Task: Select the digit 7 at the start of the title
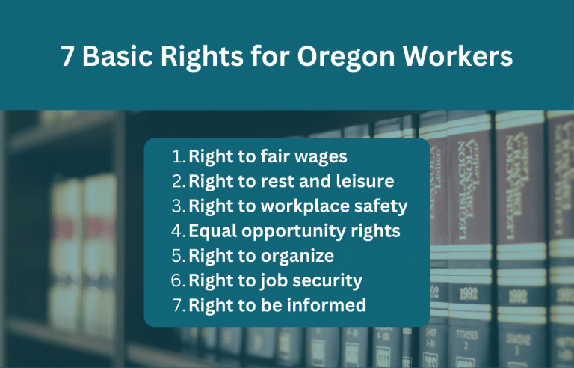[x=68, y=57]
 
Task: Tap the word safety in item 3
[x=381, y=206]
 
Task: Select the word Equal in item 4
[x=212, y=231]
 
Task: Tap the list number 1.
[x=177, y=157]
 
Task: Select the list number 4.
[x=177, y=231]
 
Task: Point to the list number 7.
[x=177, y=305]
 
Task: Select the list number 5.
[x=177, y=256]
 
